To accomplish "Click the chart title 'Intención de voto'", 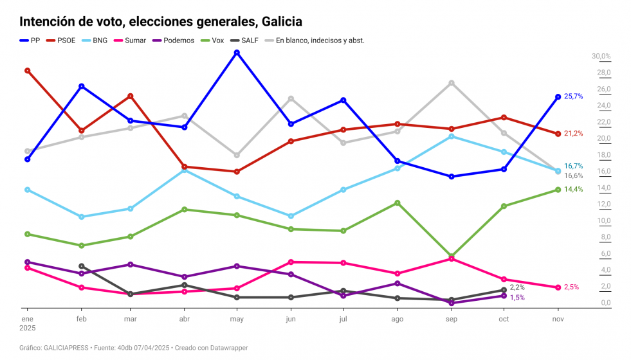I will tap(161, 22).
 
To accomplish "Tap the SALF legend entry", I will tap(248, 40).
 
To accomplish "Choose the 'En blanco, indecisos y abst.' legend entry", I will tap(315, 40).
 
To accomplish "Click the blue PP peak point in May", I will tap(237, 53).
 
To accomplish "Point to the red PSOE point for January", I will tap(27, 71).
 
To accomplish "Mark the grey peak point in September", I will tap(452, 83).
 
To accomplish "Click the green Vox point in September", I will tap(452, 256).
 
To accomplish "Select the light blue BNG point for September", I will tap(452, 136).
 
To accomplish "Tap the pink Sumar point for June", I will tap(291, 262).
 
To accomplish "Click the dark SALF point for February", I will tap(82, 266).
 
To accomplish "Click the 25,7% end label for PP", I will tap(573, 96).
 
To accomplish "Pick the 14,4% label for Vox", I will tap(573, 190).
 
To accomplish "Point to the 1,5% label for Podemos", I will tap(517, 298).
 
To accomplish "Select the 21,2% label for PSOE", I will tap(573, 134).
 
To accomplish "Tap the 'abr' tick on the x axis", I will tap(185, 319).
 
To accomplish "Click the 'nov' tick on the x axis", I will tap(558, 319).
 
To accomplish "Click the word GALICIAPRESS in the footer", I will tap(66, 348).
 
